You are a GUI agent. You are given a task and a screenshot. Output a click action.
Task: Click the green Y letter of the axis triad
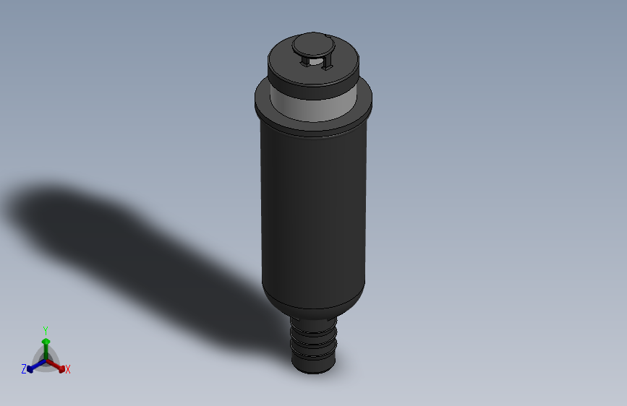(x=46, y=329)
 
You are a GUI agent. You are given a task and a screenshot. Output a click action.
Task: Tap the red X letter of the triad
(x=68, y=369)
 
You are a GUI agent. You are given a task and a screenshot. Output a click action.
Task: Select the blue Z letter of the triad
(x=23, y=368)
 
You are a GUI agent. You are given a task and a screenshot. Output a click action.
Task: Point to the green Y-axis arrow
(x=46, y=345)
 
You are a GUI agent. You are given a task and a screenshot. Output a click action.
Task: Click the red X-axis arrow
(x=57, y=365)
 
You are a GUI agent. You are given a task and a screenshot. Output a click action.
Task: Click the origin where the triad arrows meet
(x=46, y=359)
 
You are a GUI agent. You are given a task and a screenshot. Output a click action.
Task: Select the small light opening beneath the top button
(x=314, y=62)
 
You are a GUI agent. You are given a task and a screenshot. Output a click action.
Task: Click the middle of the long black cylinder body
(x=313, y=217)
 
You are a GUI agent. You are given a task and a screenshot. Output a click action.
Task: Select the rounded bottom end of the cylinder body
(x=313, y=307)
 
